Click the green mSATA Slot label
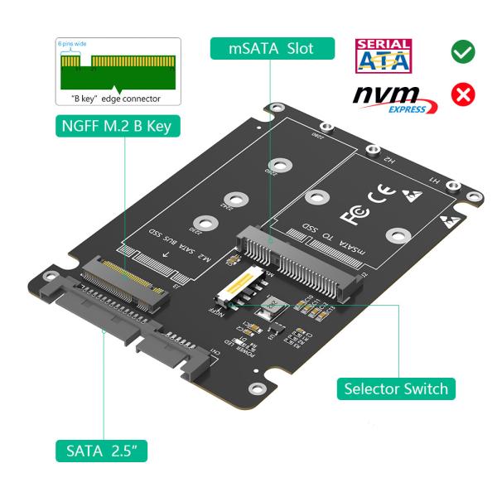[271, 48]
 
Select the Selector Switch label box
[396, 388]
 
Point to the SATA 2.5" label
[107, 451]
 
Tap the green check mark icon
[462, 51]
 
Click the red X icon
[462, 95]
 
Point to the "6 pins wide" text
[71, 43]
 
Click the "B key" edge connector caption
[113, 99]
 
